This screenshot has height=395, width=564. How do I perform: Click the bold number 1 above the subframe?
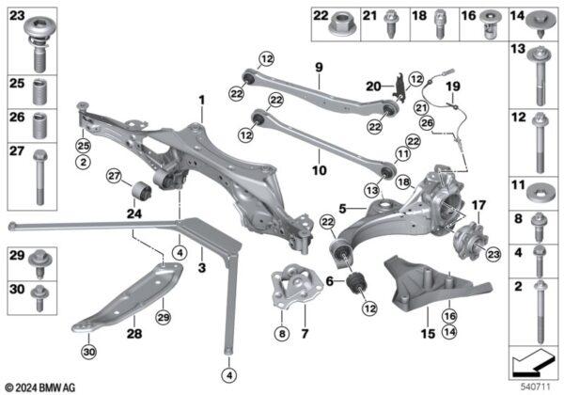(202, 101)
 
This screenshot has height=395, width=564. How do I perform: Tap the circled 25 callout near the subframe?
(83, 146)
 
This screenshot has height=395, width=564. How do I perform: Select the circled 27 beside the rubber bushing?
(114, 176)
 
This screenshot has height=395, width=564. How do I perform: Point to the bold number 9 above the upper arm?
(319, 68)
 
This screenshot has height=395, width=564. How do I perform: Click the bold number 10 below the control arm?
(320, 170)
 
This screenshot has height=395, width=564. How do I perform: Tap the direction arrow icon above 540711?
(534, 362)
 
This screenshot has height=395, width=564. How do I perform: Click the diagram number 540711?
(536, 387)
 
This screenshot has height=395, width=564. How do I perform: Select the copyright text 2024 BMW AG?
(41, 387)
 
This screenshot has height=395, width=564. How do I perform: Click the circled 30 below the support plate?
(89, 352)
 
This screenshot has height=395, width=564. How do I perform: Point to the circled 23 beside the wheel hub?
(493, 254)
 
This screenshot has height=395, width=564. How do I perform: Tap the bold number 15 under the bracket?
(428, 334)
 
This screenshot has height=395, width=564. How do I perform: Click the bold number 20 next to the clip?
(373, 87)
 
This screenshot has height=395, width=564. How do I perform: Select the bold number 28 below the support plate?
(134, 334)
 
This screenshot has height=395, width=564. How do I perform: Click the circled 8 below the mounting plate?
(282, 334)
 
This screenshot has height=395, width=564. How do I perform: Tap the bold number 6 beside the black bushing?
(330, 281)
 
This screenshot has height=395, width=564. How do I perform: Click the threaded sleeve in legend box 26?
(39, 125)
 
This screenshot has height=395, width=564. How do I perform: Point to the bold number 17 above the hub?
(478, 205)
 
